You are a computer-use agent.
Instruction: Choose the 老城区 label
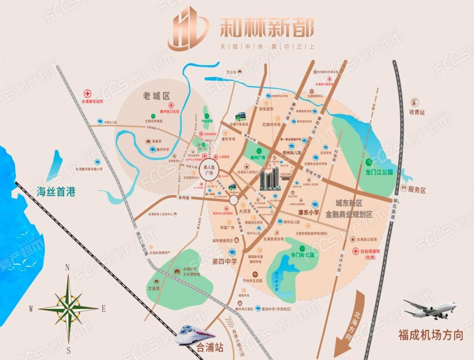pyautogui.click(x=157, y=96)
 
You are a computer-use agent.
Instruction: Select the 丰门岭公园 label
pyautogui.click(x=302, y=255)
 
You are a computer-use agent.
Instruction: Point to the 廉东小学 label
pyautogui.click(x=306, y=213)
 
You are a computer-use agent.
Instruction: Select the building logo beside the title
pyautogui.click(x=188, y=27)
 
